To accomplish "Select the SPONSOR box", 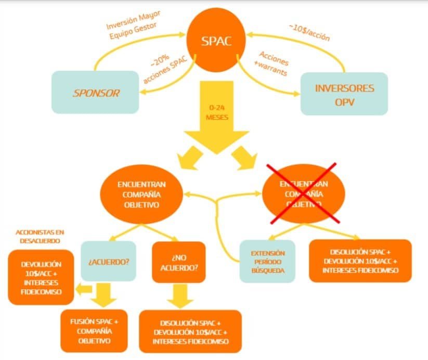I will point(96,93).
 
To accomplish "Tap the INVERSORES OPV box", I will point(344,94).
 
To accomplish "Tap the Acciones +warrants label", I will point(273,65).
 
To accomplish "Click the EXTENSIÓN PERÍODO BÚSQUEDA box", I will point(267,261).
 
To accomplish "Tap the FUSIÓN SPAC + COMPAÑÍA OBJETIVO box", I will point(94,330).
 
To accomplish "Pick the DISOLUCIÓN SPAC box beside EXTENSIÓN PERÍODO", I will point(360,261).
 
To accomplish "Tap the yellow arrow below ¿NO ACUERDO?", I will point(179,295).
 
